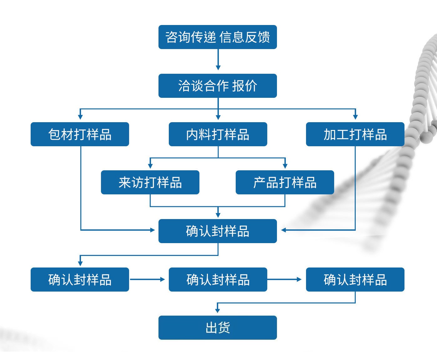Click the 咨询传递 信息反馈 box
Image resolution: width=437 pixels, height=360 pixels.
[218, 37]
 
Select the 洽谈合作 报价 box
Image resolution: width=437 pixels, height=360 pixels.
[218, 86]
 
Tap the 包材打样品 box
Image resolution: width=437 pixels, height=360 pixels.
[80, 134]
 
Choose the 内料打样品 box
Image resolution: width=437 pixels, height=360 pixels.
[218, 134]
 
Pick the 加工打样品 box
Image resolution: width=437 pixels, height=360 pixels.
[355, 134]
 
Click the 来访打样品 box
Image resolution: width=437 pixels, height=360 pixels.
[150, 182]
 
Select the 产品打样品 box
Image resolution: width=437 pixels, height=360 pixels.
[285, 182]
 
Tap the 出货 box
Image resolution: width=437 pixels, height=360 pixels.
[218, 328]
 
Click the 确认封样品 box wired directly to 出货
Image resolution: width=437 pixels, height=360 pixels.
[355, 280]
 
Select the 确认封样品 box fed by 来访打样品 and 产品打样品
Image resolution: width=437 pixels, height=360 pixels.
[218, 231]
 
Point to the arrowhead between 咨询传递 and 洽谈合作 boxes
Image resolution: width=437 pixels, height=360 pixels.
[218, 67]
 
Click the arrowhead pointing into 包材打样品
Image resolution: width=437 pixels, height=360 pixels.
[80, 117]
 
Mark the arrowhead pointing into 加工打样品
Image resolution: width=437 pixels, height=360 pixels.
[355, 117]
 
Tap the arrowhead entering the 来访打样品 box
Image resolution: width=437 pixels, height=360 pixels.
[150, 165]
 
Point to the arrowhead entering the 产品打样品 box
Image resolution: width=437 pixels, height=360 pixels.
[285, 165]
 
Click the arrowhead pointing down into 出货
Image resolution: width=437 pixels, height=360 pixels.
[218, 310]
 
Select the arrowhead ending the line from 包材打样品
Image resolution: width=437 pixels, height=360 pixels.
[153, 230]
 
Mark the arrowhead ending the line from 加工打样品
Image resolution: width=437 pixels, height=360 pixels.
[284, 230]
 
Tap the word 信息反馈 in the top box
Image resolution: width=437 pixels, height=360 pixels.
[245, 37]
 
